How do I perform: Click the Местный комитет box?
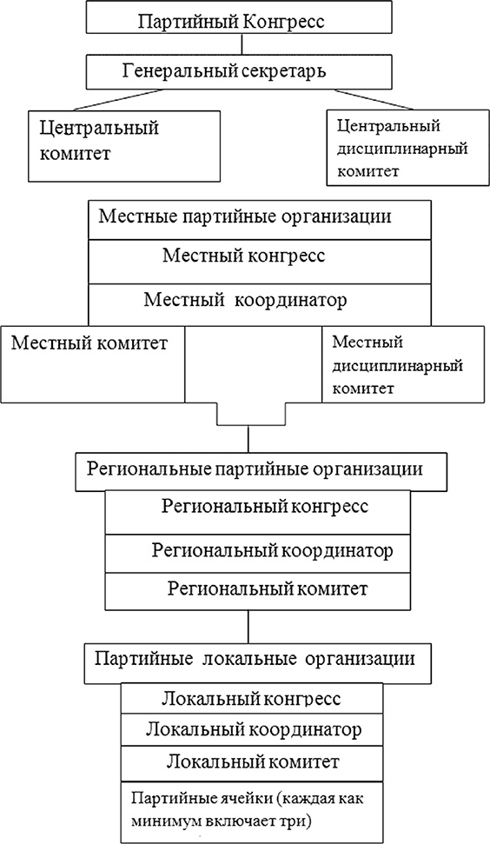pos(94,363)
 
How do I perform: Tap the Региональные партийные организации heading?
pos(255,469)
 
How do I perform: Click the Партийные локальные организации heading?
pos(261,658)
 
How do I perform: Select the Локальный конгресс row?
pos(250,698)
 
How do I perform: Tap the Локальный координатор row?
pos(250,728)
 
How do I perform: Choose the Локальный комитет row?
pos(250,762)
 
